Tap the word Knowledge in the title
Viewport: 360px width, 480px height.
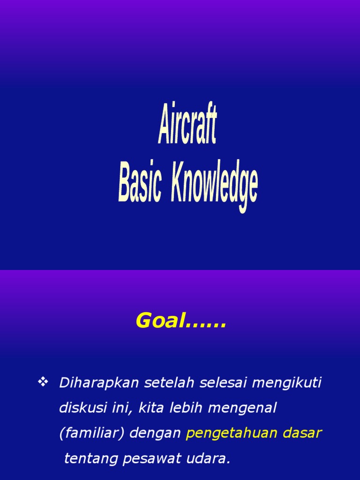(x=214, y=186)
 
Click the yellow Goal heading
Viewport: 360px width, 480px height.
(x=180, y=322)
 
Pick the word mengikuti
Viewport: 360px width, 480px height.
(x=287, y=383)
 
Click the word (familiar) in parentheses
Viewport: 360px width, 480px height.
(x=91, y=434)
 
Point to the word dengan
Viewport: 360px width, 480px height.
(x=155, y=434)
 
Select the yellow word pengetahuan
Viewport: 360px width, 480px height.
(x=232, y=434)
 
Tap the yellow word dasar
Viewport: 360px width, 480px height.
(x=302, y=433)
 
